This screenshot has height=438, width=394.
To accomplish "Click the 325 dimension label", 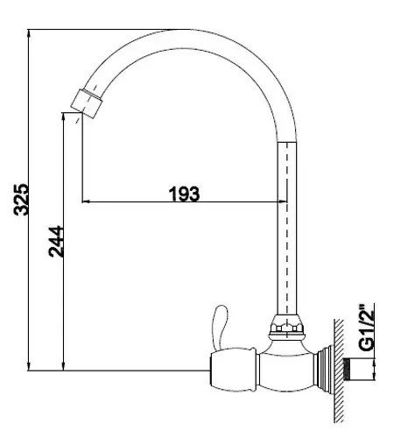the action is point(21,199).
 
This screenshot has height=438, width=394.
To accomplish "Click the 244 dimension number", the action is point(56,241).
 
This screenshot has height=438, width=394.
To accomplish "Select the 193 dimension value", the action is point(185,194).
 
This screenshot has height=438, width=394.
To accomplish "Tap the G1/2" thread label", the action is point(366,328).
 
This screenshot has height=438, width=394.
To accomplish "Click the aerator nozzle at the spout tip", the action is point(87,103).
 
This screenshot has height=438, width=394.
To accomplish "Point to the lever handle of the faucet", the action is point(220,327).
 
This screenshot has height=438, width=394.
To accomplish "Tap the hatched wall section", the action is point(339,371).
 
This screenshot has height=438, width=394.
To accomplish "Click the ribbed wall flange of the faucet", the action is point(326,370).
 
